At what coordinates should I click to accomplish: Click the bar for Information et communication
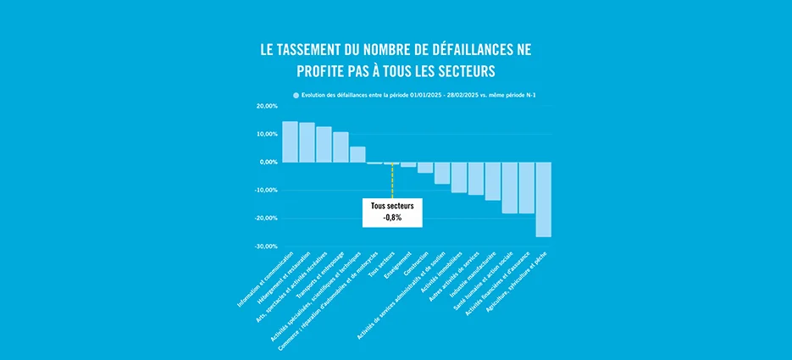pos(290,141)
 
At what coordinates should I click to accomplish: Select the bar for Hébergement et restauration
pos(307,142)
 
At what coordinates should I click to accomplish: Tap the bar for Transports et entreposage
pos(341,147)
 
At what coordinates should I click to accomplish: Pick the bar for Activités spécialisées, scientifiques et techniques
pos(357,154)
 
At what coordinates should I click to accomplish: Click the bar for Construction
pos(425,167)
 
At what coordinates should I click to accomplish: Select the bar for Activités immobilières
pos(459,177)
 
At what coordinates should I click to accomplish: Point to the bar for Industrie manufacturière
pos(493,181)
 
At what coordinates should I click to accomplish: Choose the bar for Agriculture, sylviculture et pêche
pos(544,199)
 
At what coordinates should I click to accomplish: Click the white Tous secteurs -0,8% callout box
pos(391,212)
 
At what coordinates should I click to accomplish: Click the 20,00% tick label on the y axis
pos(266,107)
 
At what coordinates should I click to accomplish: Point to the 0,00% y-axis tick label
pos(268,162)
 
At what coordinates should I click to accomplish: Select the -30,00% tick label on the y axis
pos(264,246)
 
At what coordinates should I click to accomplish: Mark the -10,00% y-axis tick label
pos(264,190)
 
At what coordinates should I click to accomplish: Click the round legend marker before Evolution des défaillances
pos(296,96)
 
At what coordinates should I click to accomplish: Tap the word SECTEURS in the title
pos(462,69)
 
